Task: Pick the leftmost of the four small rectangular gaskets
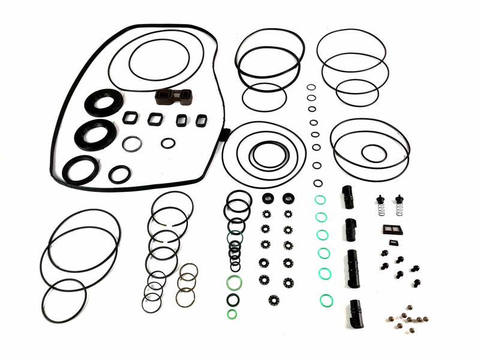pos(130,118)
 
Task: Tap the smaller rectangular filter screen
pos(393,243)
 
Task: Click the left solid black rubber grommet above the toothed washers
pos(266,198)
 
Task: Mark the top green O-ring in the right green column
pos(320,200)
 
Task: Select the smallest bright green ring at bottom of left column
pos(232,314)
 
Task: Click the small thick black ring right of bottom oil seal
pos(120,174)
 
